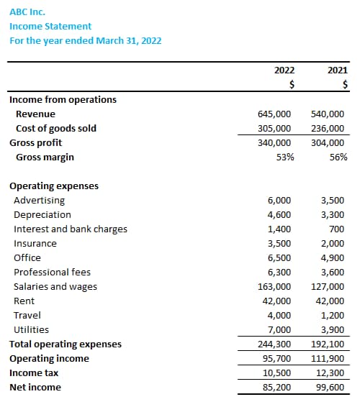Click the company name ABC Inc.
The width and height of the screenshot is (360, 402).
(x=27, y=12)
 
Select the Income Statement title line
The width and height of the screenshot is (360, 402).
(x=50, y=26)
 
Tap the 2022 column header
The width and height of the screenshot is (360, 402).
(x=284, y=70)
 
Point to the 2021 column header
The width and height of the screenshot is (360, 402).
(x=338, y=70)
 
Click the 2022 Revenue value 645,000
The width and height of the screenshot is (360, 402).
(x=274, y=114)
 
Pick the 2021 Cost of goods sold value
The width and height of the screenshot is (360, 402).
(x=328, y=128)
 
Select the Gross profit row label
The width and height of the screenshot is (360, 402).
(x=36, y=143)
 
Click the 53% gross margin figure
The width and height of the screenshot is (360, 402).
(x=285, y=157)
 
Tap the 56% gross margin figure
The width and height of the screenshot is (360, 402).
(x=338, y=157)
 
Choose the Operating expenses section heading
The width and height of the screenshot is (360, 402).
(x=54, y=186)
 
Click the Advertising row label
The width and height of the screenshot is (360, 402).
(x=40, y=200)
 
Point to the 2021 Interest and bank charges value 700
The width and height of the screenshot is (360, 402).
(x=337, y=229)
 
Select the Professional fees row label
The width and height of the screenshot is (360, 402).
(x=52, y=272)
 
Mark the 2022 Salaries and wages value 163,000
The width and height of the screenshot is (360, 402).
(x=274, y=286)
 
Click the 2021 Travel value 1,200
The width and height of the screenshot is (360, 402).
(x=333, y=315)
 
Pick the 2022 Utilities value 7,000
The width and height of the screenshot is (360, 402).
(x=279, y=329)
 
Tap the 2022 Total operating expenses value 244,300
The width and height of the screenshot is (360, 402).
(x=274, y=344)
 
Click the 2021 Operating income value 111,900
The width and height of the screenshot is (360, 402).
(x=328, y=358)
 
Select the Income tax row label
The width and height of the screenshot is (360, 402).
(x=34, y=373)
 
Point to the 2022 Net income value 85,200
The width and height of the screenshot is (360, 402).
(x=277, y=387)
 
